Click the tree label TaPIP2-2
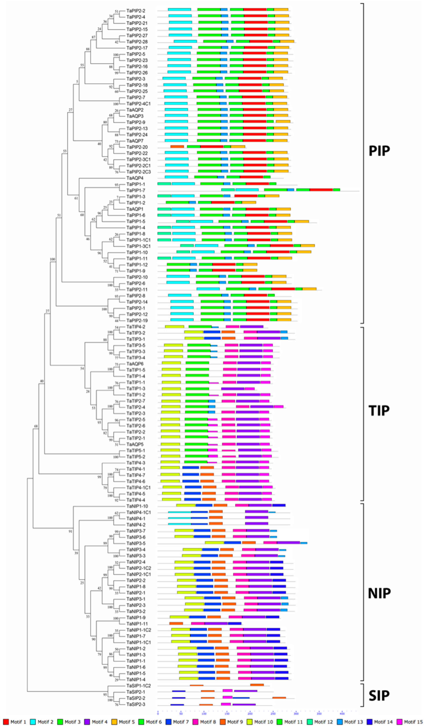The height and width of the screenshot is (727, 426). tap(136, 11)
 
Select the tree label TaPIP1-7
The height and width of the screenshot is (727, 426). tap(136, 190)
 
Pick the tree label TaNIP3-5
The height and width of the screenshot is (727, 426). tap(136, 543)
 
